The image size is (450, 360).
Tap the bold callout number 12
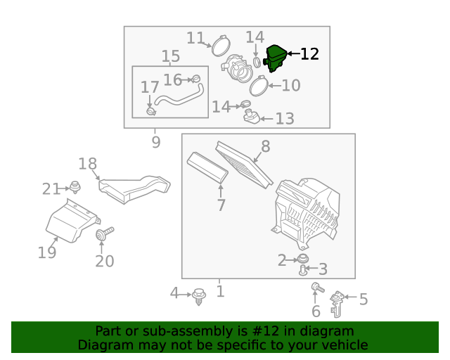tap(309, 54)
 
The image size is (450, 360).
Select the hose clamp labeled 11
tap(221, 46)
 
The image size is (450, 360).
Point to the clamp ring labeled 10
tap(259, 86)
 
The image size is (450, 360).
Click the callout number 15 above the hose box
tap(171, 56)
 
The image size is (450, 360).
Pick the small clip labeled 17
tap(151, 111)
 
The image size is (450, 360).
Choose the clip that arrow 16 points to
tap(196, 78)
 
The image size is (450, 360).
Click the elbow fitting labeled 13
tap(252, 117)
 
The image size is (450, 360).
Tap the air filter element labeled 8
tap(244, 165)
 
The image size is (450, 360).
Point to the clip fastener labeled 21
tap(75, 187)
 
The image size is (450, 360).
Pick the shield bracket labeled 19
tap(72, 221)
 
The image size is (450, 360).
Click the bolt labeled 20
tap(104, 233)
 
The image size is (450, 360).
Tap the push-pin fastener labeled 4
tap(198, 297)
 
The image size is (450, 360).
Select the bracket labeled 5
tap(337, 304)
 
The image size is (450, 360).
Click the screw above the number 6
tap(318, 288)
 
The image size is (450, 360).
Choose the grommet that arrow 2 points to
tap(303, 258)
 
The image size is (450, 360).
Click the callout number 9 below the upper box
tap(156, 142)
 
